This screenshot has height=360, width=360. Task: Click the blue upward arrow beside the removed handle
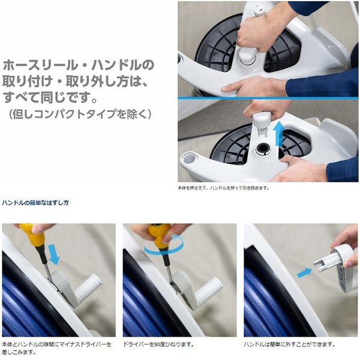click(279, 134)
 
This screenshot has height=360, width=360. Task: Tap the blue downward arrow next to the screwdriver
click(53, 254)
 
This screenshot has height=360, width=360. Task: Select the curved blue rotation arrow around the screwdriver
click(164, 245)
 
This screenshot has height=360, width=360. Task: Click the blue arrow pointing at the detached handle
click(304, 273)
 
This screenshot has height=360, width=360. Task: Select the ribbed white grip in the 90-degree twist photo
click(209, 290)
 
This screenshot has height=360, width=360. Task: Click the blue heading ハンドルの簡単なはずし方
click(35, 203)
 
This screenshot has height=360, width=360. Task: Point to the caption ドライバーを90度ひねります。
click(158, 344)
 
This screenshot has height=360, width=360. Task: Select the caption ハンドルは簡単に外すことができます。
click(289, 344)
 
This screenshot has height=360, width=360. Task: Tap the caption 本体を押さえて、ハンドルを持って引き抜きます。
click(223, 188)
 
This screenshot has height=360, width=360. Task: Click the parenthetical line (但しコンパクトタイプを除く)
click(80, 114)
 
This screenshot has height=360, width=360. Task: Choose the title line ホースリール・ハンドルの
click(78, 65)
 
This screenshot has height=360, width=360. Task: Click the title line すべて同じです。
click(50, 97)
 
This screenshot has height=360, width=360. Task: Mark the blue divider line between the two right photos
click(268, 98)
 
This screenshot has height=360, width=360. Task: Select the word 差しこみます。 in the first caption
click(19, 352)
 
